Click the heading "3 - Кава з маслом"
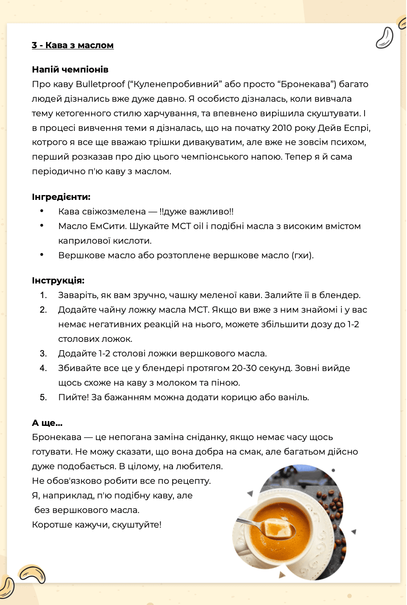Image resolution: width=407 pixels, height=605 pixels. tap(73, 45)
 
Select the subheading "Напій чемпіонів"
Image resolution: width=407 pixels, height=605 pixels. tap(70, 69)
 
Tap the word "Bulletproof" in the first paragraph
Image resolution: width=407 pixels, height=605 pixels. tap(100, 84)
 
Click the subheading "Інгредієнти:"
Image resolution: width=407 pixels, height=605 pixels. tap(61, 197)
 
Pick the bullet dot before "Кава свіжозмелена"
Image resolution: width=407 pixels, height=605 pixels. tap(42, 211)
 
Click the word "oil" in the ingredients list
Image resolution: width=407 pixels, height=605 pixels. tap(198, 226)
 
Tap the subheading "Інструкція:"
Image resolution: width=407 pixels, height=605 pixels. tap(58, 280)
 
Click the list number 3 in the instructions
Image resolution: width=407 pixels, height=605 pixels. tap(43, 353)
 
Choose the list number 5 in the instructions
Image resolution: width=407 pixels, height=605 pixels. tap(43, 397)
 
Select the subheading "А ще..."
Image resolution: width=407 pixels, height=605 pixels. tap(47, 423)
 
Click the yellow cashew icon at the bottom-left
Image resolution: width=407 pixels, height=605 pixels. tap(32, 574)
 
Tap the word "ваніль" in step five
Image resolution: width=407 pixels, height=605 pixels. tap(294, 397)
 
